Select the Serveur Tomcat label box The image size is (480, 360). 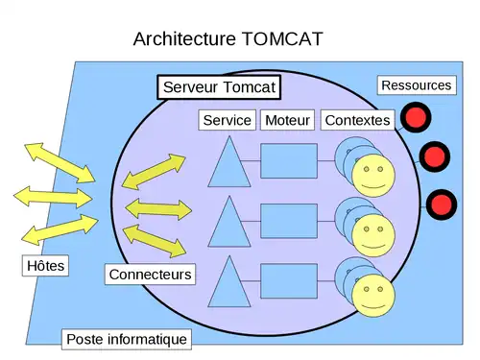219,87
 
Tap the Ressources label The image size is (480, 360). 416,85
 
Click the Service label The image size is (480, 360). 228,120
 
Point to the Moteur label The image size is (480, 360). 288,120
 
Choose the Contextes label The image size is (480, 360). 357,120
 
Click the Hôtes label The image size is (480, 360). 44,265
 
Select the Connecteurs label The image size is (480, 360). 151,275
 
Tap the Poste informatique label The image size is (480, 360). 127,339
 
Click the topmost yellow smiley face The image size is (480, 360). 373,176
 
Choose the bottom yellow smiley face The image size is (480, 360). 373,294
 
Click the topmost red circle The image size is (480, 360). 415,118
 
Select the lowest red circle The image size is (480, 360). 442,204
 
